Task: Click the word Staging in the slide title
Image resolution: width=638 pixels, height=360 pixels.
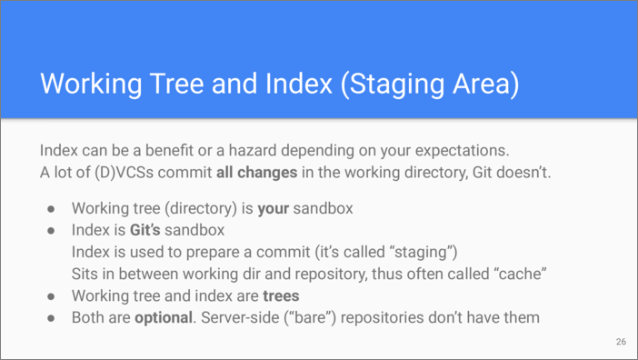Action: (x=396, y=85)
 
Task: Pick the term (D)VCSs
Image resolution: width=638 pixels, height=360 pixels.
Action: (x=125, y=173)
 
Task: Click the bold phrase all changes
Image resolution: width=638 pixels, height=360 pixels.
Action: (x=257, y=173)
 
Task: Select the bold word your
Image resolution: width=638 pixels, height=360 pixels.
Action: (x=274, y=209)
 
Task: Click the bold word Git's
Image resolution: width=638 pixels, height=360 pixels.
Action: (x=145, y=230)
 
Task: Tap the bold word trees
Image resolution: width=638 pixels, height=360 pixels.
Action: (x=281, y=296)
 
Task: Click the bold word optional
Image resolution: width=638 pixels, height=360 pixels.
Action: (x=164, y=318)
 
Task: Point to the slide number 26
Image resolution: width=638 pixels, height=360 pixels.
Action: (x=621, y=342)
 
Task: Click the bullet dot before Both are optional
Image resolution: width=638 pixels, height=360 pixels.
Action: (x=51, y=318)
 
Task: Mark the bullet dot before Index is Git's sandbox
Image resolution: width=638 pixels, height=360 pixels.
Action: (x=51, y=231)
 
